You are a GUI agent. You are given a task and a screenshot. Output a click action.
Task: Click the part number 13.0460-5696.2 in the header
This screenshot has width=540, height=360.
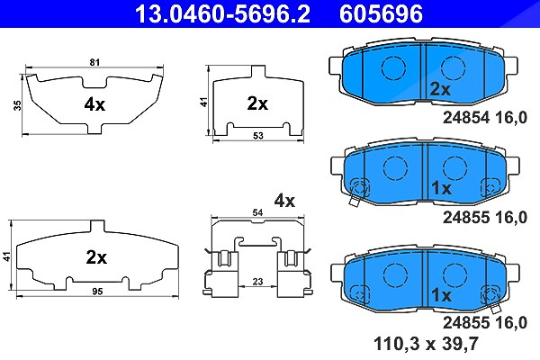[x=222, y=13]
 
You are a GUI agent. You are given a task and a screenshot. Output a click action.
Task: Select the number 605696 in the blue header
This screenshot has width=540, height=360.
[x=382, y=13]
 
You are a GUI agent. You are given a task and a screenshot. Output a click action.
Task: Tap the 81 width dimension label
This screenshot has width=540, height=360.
[x=94, y=62]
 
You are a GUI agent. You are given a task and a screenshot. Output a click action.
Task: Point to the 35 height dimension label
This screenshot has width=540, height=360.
[x=17, y=105]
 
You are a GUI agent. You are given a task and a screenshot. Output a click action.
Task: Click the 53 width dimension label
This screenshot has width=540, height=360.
[x=258, y=136]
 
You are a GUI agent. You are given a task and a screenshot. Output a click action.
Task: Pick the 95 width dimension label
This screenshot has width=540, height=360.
[x=97, y=292]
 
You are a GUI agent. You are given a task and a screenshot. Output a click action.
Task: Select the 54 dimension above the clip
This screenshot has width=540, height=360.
[x=257, y=212]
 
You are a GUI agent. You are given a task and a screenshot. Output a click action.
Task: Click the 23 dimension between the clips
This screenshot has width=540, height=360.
[x=257, y=282]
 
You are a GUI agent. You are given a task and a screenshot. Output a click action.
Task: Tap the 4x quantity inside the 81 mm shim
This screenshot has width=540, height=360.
[x=94, y=104]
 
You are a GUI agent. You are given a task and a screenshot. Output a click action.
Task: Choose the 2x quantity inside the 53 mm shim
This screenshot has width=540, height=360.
[x=257, y=103]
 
